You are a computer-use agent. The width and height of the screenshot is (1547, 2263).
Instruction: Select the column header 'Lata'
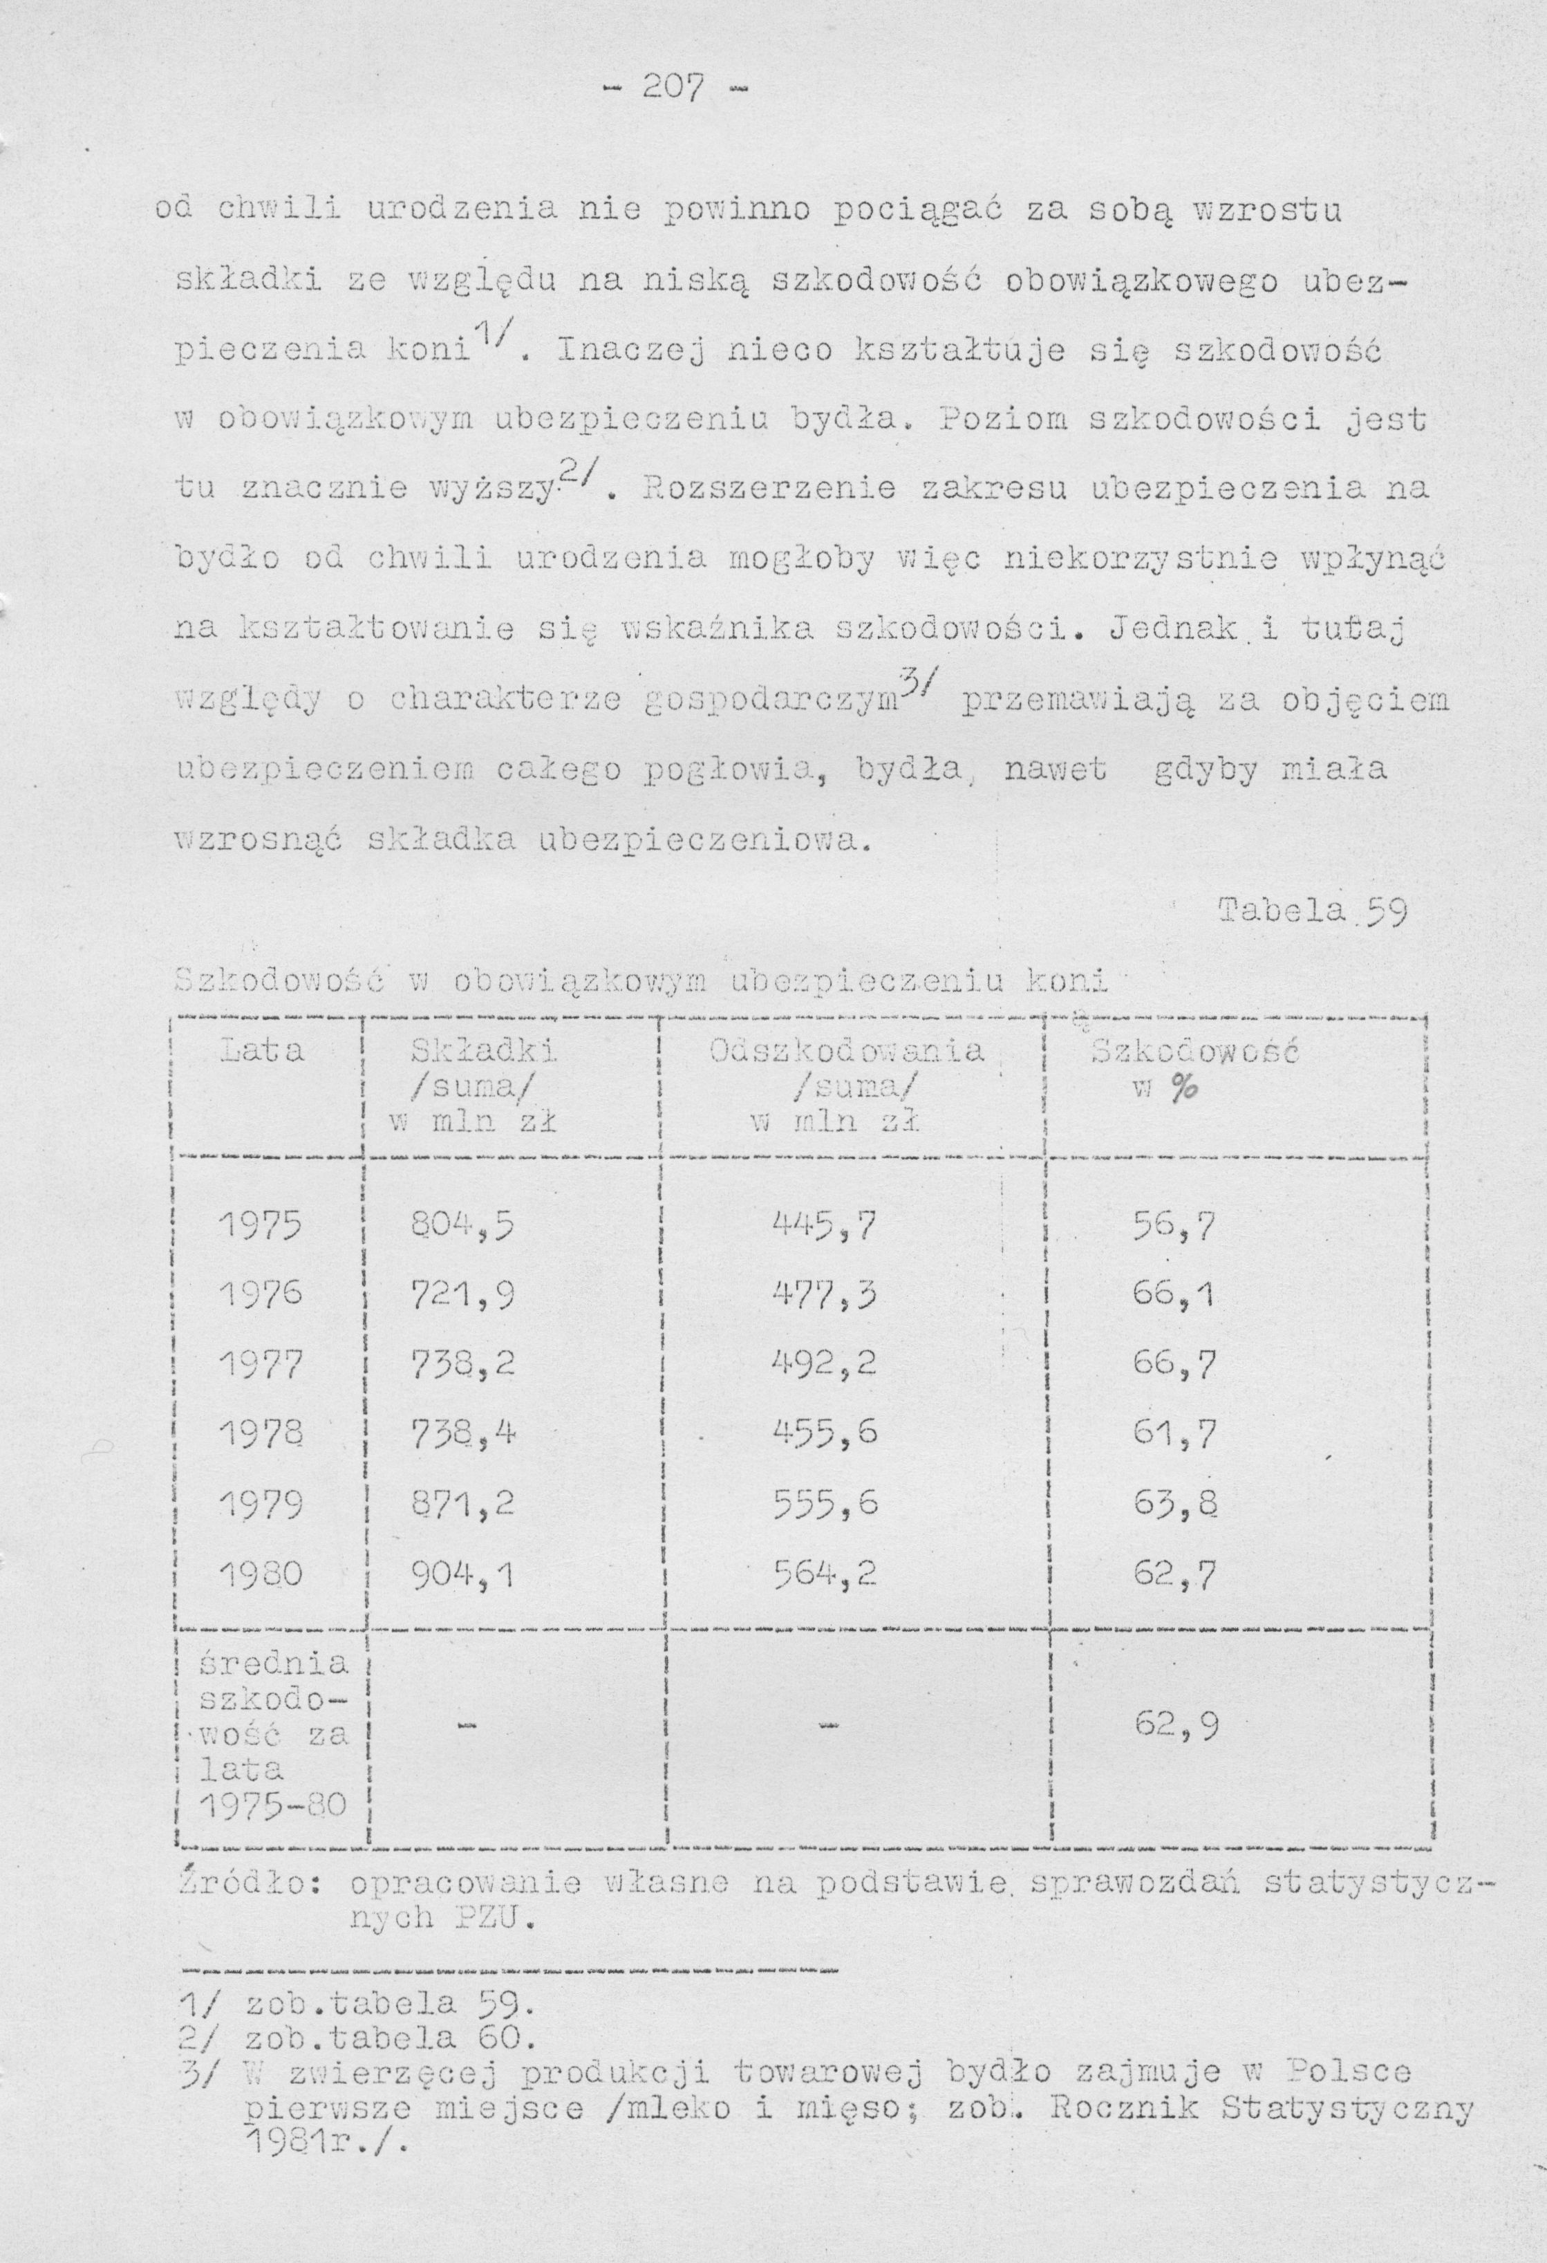pos(263,1052)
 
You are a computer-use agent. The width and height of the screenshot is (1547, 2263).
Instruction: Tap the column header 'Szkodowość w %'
pos(1197,1069)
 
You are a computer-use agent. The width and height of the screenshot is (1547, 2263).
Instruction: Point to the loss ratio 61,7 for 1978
pos(1175,1434)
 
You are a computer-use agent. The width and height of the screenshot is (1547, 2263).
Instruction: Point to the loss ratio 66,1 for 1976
pos(1175,1295)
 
